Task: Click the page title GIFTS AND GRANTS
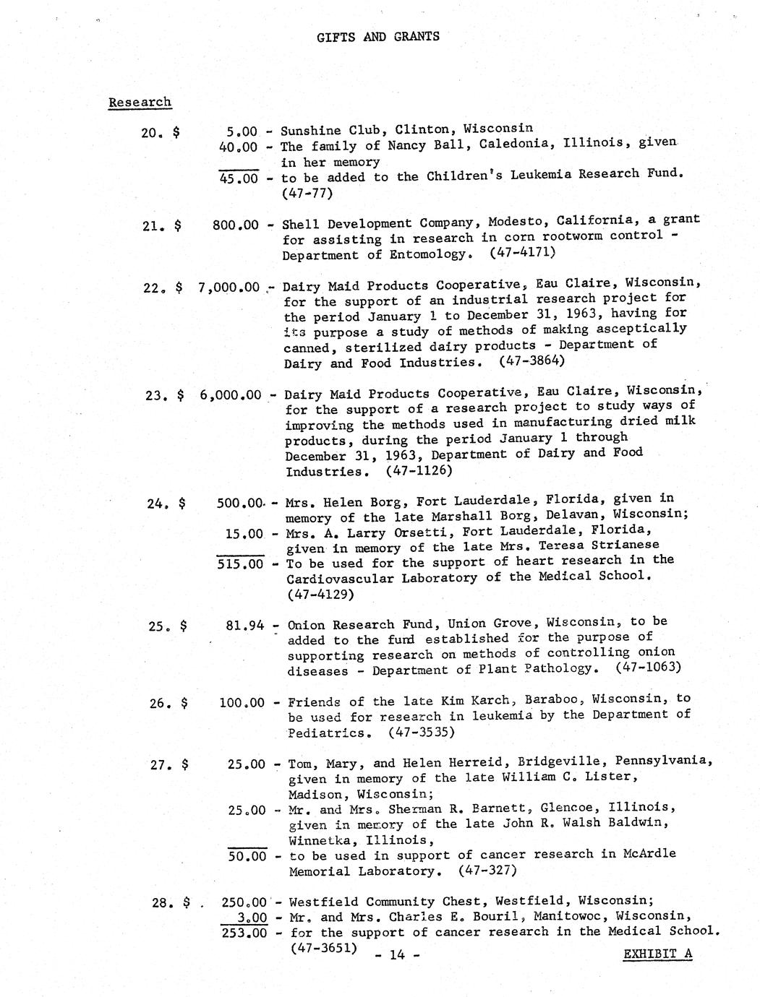click(x=377, y=37)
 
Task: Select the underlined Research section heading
click(x=140, y=102)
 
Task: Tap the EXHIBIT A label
click(x=657, y=954)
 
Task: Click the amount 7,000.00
click(x=229, y=287)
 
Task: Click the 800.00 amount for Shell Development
click(x=235, y=225)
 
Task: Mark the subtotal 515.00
click(x=240, y=564)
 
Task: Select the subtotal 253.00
click(x=244, y=933)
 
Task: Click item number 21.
click(x=151, y=225)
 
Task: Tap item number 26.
click(x=158, y=702)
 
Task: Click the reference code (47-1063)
click(x=648, y=666)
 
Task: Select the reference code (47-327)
click(x=487, y=870)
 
